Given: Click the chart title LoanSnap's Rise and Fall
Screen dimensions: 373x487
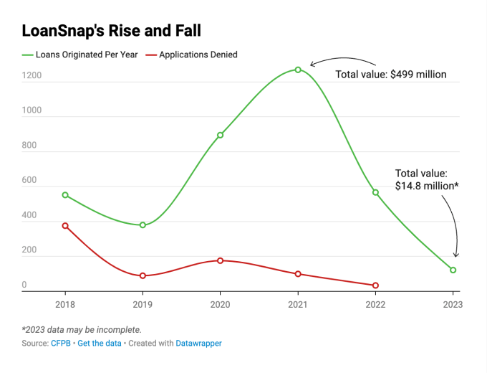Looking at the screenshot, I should click(x=112, y=31).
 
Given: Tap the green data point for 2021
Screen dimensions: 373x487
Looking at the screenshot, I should click(x=298, y=70).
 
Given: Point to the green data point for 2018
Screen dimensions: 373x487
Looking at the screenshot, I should click(x=65, y=195).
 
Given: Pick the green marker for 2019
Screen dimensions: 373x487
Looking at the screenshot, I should click(x=143, y=225).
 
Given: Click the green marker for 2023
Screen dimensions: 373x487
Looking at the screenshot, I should click(x=453, y=270).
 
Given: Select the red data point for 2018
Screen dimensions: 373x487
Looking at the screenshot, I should click(x=65, y=226).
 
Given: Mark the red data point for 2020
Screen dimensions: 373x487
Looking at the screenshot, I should click(x=220, y=260).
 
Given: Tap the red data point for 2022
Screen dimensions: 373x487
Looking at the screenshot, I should click(x=375, y=285).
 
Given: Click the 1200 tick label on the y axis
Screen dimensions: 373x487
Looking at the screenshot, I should click(x=32, y=75).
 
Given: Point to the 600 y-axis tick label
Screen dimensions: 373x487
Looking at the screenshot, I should click(x=29, y=181).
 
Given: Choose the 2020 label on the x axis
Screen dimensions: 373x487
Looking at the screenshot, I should click(x=220, y=304).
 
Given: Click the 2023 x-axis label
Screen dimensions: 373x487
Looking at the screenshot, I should click(x=453, y=304).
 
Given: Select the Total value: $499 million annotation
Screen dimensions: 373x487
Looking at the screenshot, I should click(x=391, y=75).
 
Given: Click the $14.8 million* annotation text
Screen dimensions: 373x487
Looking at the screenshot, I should click(x=427, y=186).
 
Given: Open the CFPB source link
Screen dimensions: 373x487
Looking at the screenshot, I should click(x=59, y=344).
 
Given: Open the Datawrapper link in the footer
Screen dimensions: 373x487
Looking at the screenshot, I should click(x=198, y=344).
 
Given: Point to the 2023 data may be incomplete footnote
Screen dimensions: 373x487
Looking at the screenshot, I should click(x=82, y=330).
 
